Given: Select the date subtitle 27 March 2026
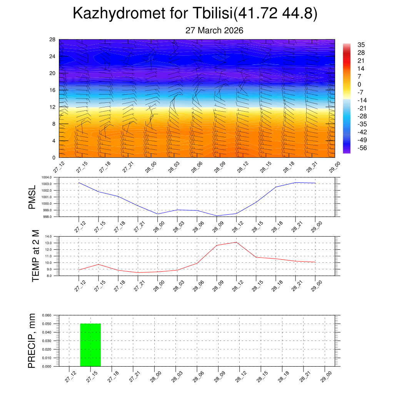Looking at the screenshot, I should tap(214, 30).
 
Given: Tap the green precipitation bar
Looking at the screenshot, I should tap(90, 345).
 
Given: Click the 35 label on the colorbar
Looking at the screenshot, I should tap(361, 45).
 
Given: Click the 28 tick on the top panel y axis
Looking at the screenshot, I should tap(52, 40).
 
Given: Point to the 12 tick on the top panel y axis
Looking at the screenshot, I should tap(52, 107).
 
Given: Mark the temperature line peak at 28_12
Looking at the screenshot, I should tap(236, 242).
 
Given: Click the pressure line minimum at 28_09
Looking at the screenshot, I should tap(217, 216).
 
